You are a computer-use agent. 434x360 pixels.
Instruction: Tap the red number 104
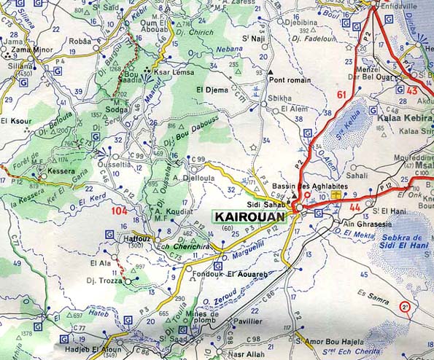tap(122, 211)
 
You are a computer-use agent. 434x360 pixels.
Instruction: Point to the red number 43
tap(412, 90)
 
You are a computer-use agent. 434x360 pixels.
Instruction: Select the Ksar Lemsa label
tap(174, 73)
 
